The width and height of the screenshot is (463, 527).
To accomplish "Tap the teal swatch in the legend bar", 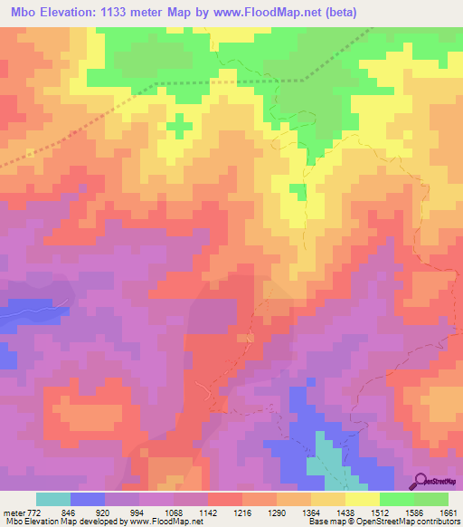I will pos(53,499).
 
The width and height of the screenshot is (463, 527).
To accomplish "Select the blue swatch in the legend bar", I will pos(88,499).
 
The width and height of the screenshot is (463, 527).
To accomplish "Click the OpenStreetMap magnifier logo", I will pos(420,481).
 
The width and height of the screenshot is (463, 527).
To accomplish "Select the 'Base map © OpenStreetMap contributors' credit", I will pos(383,522).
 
